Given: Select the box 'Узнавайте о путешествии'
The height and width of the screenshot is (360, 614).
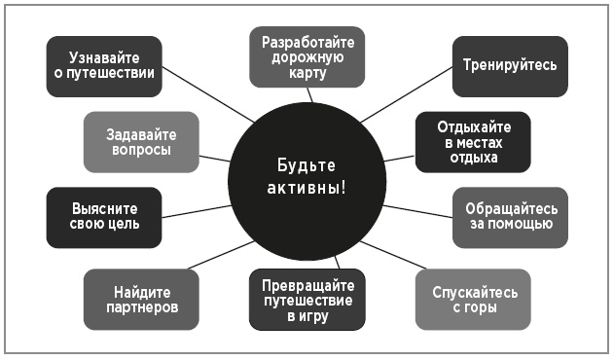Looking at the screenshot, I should [104, 66].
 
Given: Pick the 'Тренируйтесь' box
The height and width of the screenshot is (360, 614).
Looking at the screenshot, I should [510, 66].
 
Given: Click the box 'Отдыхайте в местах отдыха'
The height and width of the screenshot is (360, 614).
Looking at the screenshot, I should [473, 142].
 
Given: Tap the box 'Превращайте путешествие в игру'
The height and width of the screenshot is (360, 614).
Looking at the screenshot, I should [307, 300].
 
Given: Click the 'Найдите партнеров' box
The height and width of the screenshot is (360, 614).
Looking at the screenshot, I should [141, 300].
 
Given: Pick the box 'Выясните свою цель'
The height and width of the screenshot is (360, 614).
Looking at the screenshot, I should [104, 216].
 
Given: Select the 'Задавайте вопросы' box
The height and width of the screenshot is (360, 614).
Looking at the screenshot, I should [141, 142].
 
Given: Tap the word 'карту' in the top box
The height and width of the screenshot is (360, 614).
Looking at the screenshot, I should [307, 74].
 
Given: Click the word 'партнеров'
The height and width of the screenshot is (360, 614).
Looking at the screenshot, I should [141, 308].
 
